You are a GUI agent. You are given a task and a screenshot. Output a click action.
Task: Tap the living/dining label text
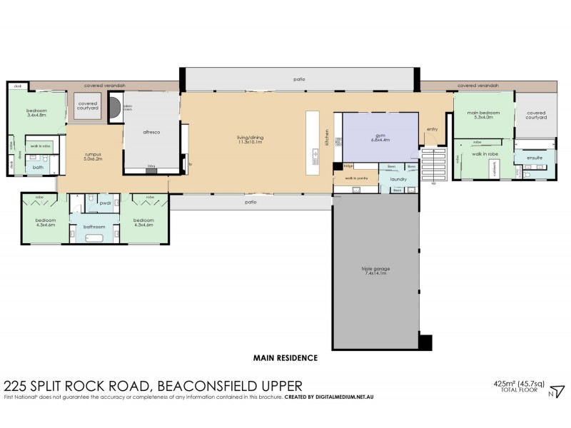pyautogui.click(x=249, y=136)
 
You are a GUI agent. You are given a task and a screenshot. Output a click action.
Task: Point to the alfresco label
pyautogui.click(x=149, y=133)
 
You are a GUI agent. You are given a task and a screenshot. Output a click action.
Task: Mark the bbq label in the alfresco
pyautogui.click(x=151, y=165)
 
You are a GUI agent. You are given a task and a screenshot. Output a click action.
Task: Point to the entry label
pyautogui.click(x=432, y=129)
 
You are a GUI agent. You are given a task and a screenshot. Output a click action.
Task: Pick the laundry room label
pyautogui.click(x=398, y=179)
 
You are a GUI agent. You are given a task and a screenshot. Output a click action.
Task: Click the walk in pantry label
pyautogui.click(x=355, y=179)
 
